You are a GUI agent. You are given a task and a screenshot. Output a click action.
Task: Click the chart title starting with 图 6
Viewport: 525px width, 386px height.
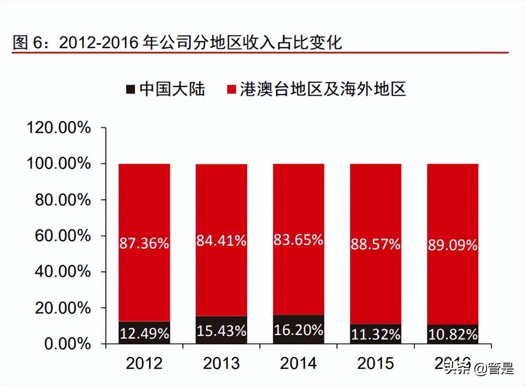tap(177, 42)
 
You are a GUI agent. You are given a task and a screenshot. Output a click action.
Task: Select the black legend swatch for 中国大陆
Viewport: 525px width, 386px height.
tap(131, 89)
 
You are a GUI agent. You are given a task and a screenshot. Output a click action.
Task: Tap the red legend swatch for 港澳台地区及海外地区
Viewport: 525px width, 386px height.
tap(231, 89)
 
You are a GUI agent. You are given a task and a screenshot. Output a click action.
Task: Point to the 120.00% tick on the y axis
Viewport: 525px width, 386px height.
tap(59, 128)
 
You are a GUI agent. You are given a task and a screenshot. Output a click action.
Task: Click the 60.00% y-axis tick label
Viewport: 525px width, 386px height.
tap(63, 236)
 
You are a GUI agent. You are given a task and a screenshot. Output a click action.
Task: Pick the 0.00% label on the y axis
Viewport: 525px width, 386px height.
tap(68, 344)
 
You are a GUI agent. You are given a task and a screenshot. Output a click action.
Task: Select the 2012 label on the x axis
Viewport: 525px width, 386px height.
tap(144, 363)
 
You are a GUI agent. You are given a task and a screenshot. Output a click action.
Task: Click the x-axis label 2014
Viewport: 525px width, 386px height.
tap(298, 363)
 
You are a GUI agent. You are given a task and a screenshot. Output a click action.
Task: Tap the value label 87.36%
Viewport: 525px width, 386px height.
tap(144, 243)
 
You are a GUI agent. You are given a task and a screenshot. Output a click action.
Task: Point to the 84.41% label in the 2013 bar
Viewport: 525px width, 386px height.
tap(221, 241)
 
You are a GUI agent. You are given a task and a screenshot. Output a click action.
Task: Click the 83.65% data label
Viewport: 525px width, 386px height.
tap(298, 240)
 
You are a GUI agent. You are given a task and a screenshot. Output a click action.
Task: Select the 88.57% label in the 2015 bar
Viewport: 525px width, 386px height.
tap(375, 244)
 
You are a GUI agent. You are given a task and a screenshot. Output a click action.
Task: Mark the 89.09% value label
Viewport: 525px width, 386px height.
tap(453, 245)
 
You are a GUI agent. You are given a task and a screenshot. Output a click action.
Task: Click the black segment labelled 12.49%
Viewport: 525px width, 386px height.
tap(144, 333)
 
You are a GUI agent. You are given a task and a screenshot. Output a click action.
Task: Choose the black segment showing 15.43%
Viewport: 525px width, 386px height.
tap(221, 331)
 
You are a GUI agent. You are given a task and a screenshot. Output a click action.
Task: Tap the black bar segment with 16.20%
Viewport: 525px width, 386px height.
tap(298, 330)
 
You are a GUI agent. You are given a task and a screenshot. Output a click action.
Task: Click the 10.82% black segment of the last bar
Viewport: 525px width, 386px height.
tap(453, 334)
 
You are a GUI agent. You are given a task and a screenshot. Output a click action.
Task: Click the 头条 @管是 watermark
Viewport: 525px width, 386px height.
tap(478, 369)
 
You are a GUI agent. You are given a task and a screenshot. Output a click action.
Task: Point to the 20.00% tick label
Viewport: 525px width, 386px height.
tap(63, 308)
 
